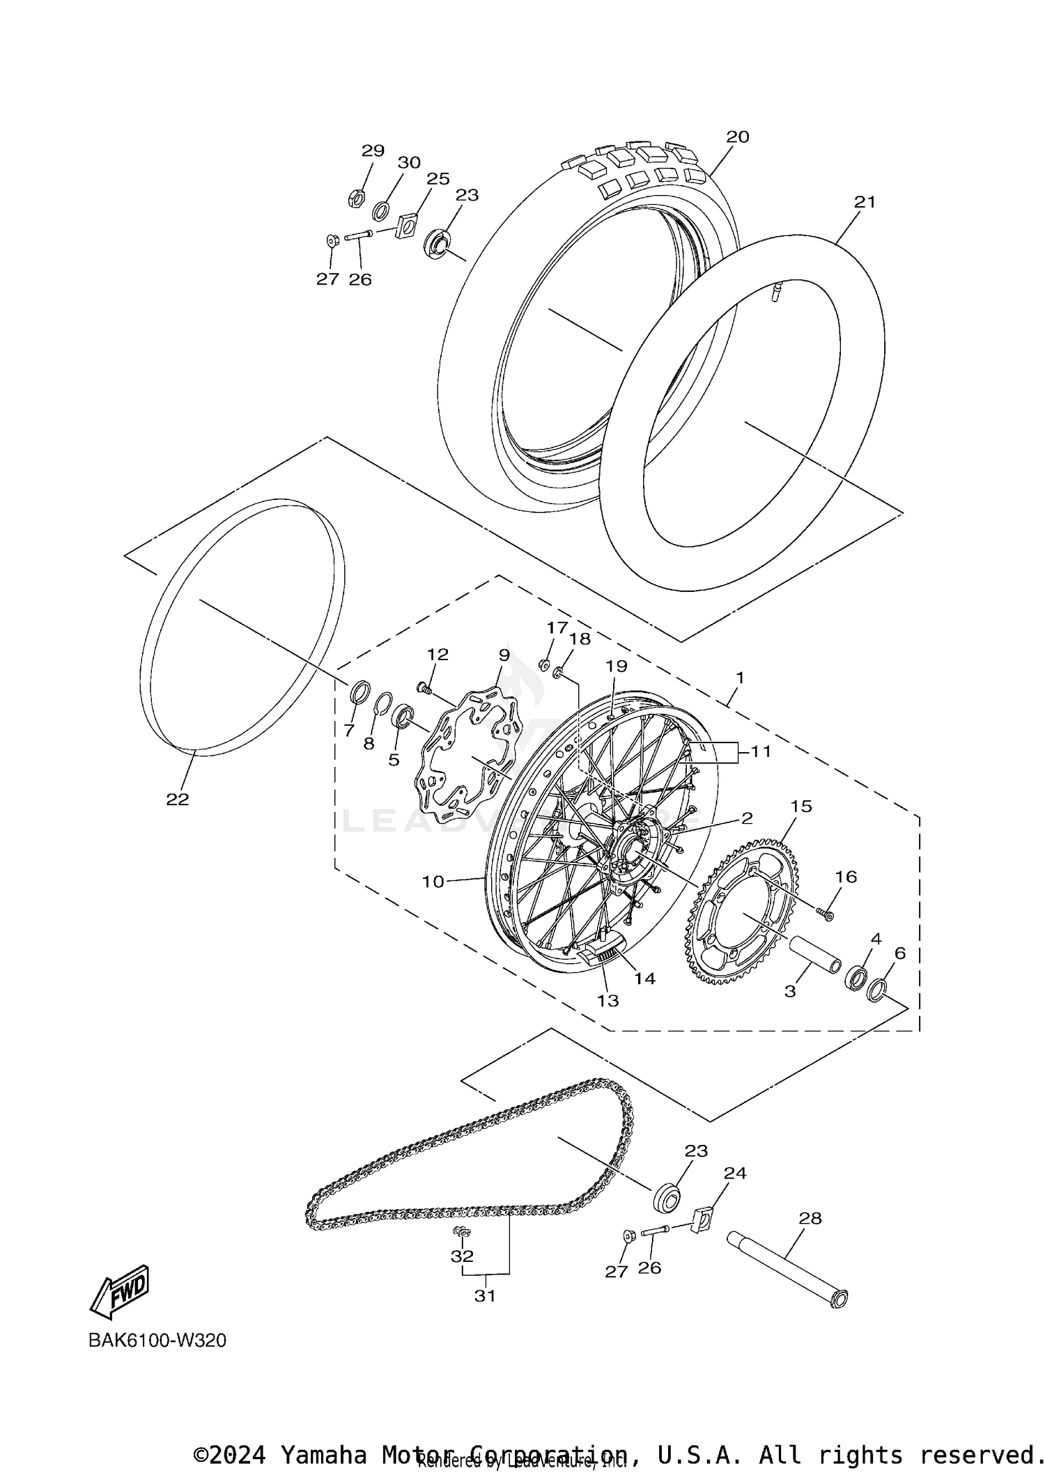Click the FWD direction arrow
coord(120,1291)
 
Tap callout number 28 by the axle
coord(810,1218)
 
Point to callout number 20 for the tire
coord(737,137)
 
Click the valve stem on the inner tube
coord(774,290)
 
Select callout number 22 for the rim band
coord(177,800)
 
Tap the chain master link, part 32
coord(460,1233)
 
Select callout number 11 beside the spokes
coord(761,752)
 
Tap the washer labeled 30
coord(381,210)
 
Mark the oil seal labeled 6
coord(878,989)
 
